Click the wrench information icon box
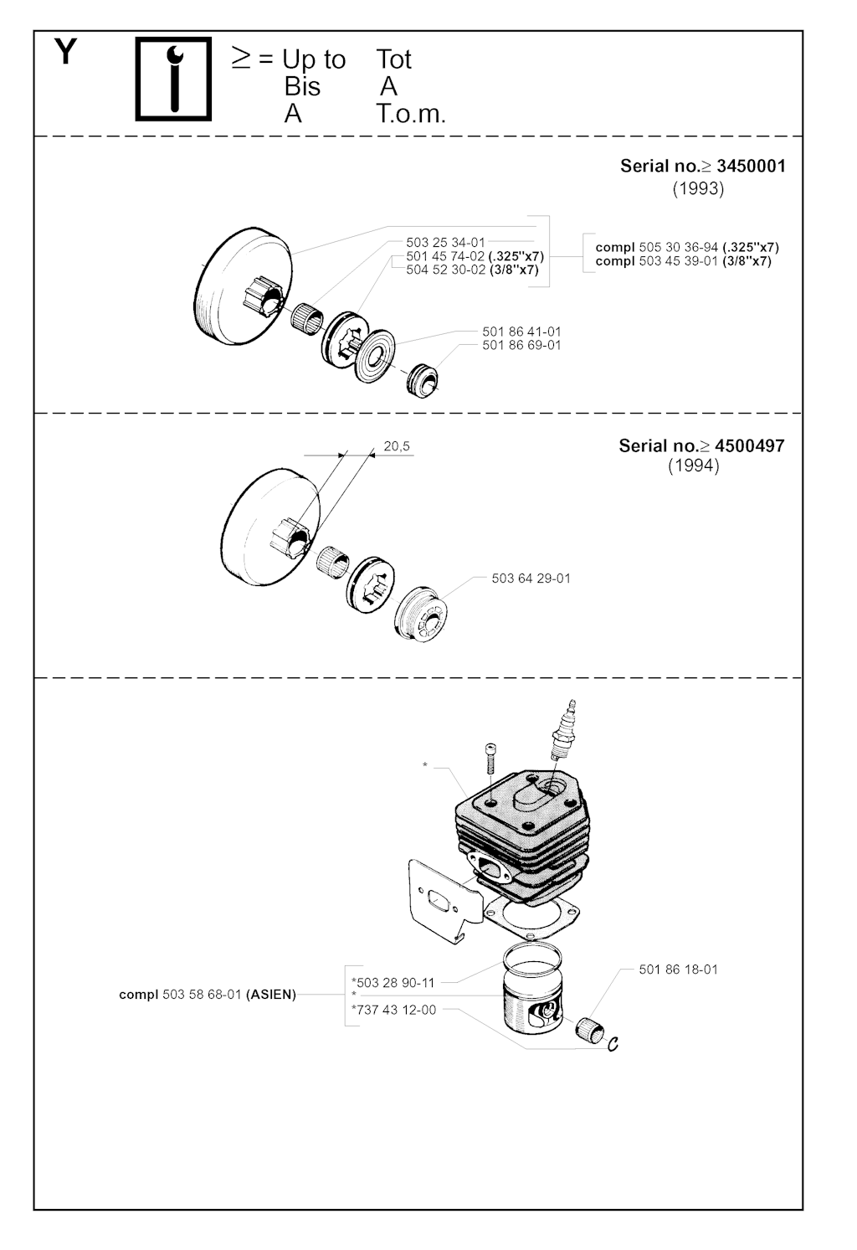pyautogui.click(x=173, y=79)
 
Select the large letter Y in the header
pyautogui.click(x=66, y=52)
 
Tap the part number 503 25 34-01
pyautogui.click(x=445, y=242)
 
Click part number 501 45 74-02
pyautogui.click(x=445, y=256)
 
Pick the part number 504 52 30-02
pyautogui.click(x=445, y=270)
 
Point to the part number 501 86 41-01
pyautogui.click(x=521, y=332)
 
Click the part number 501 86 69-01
pyautogui.click(x=521, y=345)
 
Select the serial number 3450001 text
pyautogui.click(x=751, y=166)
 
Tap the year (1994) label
pyautogui.click(x=694, y=466)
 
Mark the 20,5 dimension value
pyautogui.click(x=397, y=446)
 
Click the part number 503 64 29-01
pyautogui.click(x=531, y=579)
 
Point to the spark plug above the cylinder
pyautogui.click(x=563, y=730)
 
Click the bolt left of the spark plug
pyautogui.click(x=490, y=758)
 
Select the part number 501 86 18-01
pyautogui.click(x=679, y=970)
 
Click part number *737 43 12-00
pyautogui.click(x=394, y=1010)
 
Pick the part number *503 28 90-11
pyautogui.click(x=393, y=983)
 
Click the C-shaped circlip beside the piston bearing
pyautogui.click(x=613, y=1043)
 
